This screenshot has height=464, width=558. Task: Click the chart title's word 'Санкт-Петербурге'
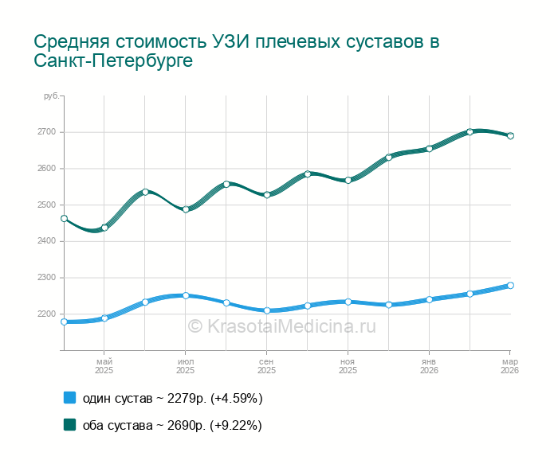click(x=113, y=61)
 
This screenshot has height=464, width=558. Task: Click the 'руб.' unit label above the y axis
click(x=51, y=96)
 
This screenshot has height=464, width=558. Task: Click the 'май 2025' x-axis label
click(x=104, y=366)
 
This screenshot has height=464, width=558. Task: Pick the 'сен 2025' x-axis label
click(x=266, y=366)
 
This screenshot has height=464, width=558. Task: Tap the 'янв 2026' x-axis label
click(x=429, y=366)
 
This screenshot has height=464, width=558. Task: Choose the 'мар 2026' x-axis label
click(x=509, y=366)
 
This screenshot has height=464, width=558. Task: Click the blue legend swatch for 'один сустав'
click(x=69, y=398)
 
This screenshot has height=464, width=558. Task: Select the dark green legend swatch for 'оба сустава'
click(x=69, y=425)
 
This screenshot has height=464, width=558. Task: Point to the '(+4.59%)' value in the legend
click(x=236, y=398)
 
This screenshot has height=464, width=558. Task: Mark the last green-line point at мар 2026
click(x=510, y=136)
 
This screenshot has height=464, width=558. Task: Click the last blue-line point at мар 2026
click(x=510, y=285)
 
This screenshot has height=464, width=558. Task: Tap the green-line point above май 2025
click(x=104, y=228)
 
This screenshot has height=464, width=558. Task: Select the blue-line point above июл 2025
click(x=186, y=295)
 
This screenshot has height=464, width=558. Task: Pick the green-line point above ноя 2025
click(x=348, y=181)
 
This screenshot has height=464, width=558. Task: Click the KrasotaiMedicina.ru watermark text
click(x=281, y=326)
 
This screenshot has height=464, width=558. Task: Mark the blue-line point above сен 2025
click(x=267, y=310)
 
